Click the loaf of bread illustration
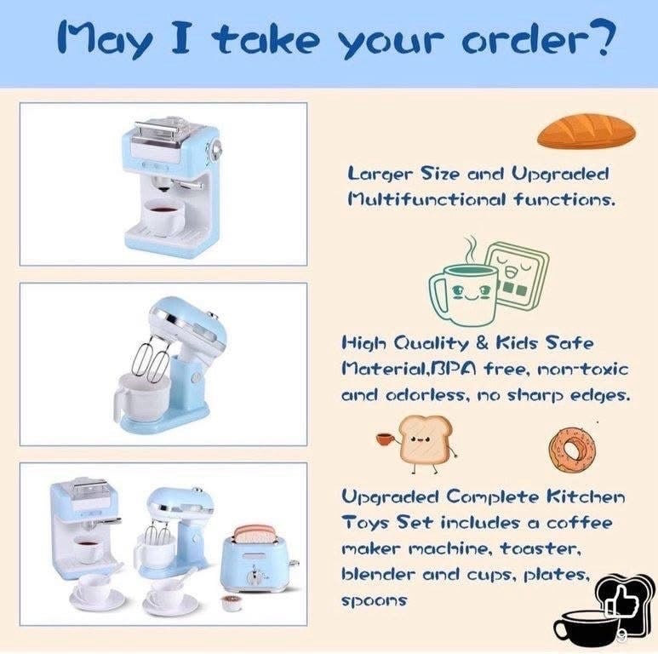(586, 131)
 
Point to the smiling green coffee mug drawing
(463, 294)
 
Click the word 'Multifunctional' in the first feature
(427, 199)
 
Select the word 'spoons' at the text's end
(374, 600)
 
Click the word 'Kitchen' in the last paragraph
(586, 496)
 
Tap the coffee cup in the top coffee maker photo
(163, 217)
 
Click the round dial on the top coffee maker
(215, 149)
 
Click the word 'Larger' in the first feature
(380, 174)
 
